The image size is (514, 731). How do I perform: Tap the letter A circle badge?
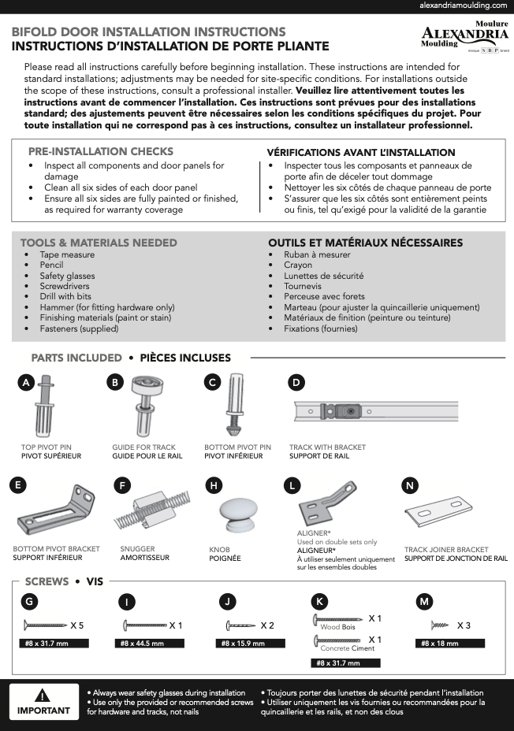coord(26,383)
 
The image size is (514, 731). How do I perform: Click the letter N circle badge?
coord(409,485)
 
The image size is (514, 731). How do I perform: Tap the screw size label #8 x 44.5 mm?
coord(142,644)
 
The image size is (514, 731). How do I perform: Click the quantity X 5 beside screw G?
coord(76,625)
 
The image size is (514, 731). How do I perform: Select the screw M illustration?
coord(440,625)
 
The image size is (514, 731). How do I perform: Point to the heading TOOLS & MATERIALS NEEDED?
coord(99,243)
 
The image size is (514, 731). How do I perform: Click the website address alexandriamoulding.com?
coord(463,6)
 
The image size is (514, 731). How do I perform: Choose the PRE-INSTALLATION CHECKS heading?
coord(101,151)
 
